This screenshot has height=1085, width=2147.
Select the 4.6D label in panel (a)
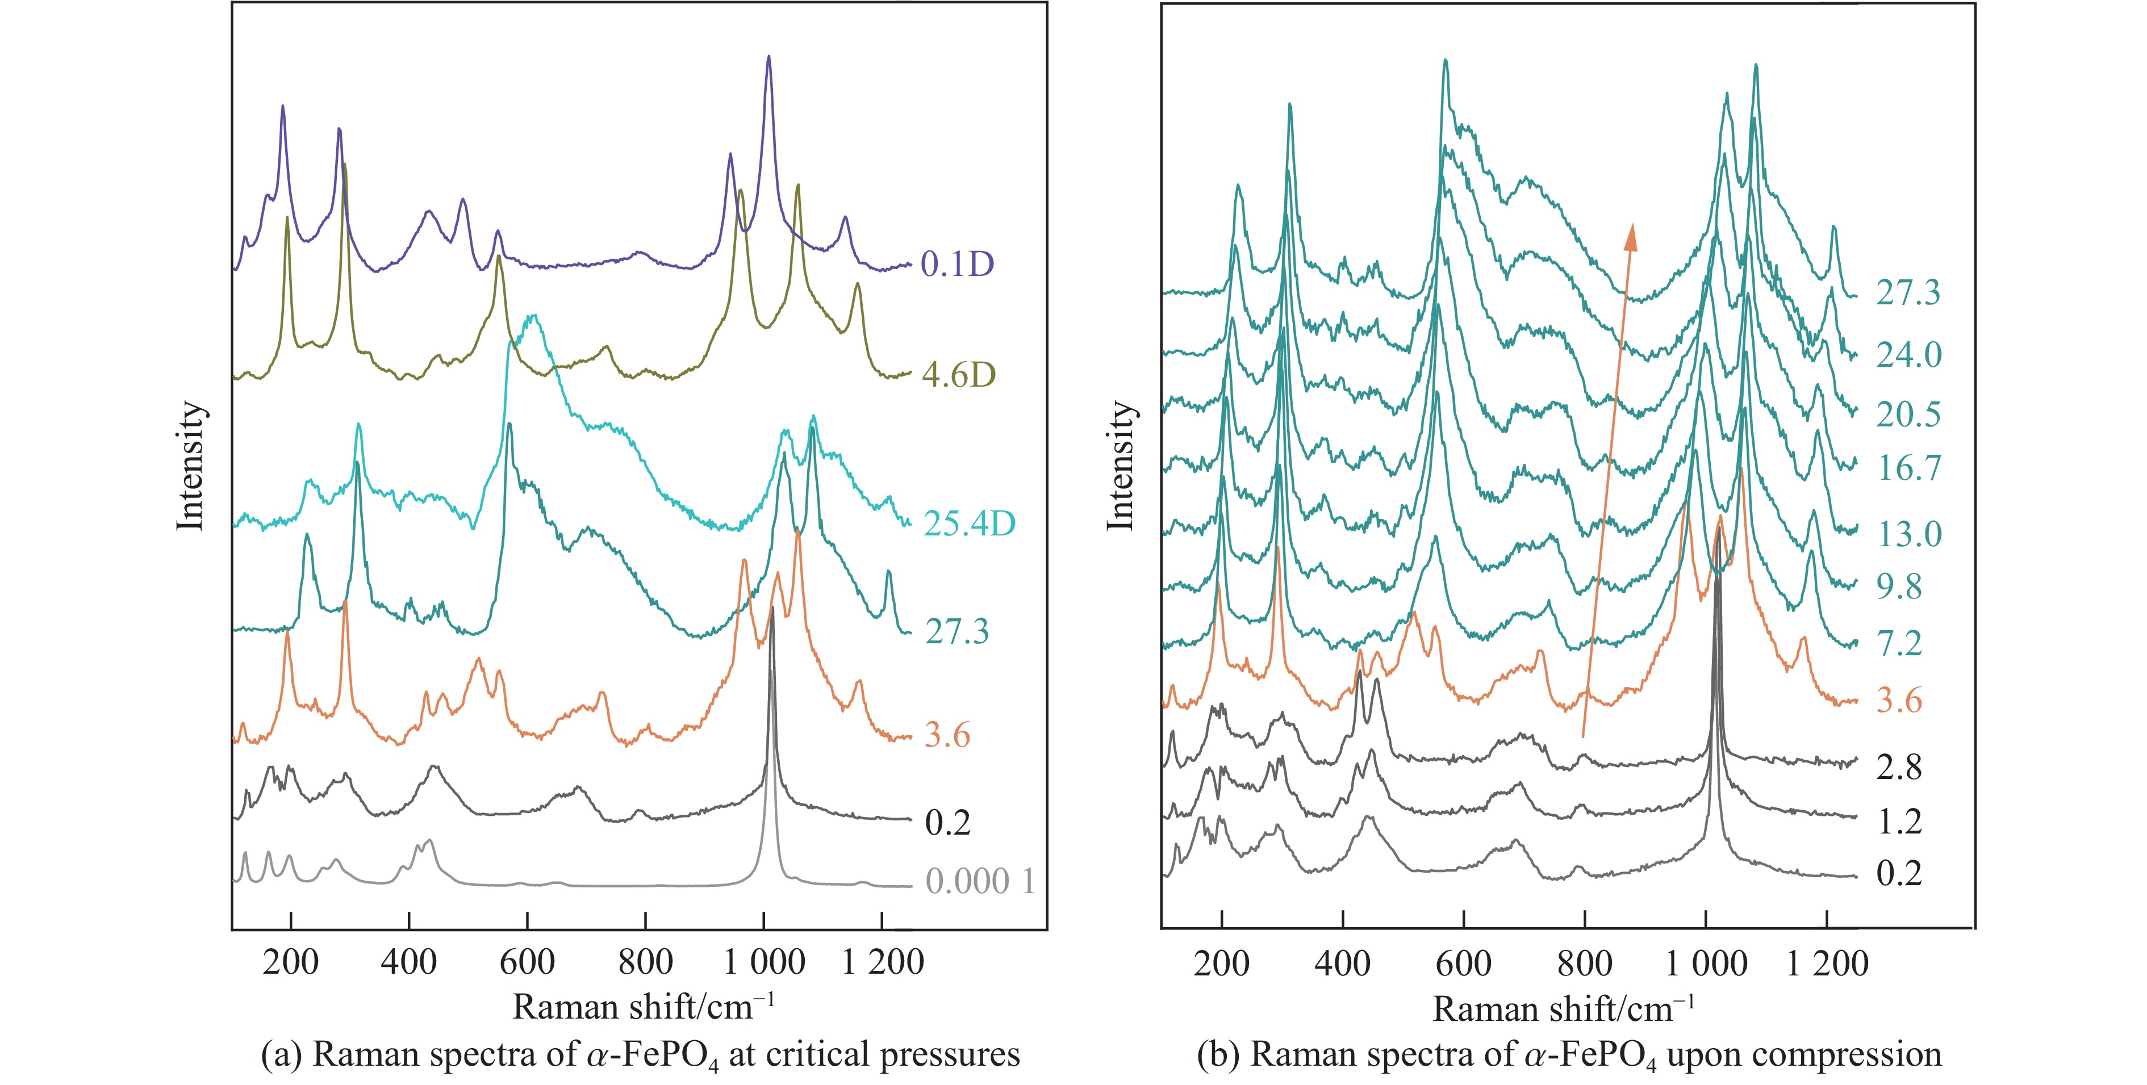(959, 376)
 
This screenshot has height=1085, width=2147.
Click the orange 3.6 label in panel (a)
(947, 736)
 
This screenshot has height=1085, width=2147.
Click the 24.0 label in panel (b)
(1908, 355)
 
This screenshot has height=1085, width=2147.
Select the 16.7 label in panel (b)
(1908, 468)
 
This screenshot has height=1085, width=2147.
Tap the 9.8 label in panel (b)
(1899, 588)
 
